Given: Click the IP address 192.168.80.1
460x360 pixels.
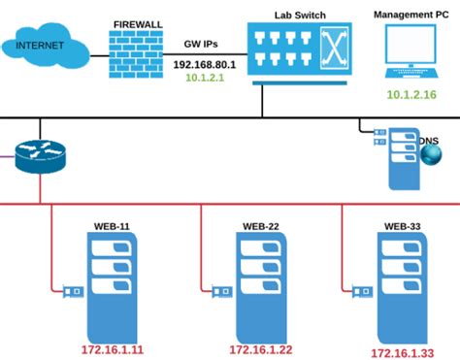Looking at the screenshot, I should tap(207, 64).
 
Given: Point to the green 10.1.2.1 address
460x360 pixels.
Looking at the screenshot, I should tap(207, 78).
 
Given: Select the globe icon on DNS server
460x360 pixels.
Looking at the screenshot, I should tap(429, 156).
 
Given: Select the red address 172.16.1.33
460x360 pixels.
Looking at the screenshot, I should tap(401, 351).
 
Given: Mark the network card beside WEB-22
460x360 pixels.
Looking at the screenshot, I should tap(219, 289).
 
